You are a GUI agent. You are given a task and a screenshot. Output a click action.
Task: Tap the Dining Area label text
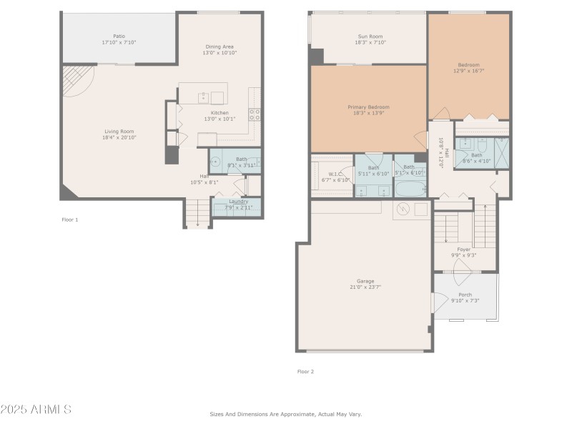pos(220,46)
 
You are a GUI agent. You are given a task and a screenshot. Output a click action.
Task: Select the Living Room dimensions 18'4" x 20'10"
pos(119,137)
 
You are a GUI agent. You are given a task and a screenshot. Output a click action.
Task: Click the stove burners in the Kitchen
pos(254,112)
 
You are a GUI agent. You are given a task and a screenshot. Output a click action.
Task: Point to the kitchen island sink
pos(203,97)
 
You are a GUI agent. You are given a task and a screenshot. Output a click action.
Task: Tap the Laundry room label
pos(237,202)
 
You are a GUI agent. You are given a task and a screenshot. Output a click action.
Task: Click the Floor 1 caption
pos(69,220)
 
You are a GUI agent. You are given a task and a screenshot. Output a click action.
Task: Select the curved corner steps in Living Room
pos(76,80)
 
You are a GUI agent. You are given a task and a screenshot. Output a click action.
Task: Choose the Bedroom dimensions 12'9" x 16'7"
pos(469,71)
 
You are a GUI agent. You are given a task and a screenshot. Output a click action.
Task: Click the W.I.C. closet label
pos(335,174)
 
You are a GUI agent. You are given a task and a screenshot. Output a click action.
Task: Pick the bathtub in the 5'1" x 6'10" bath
pos(410,189)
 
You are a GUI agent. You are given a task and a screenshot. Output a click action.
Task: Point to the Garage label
pos(365,281)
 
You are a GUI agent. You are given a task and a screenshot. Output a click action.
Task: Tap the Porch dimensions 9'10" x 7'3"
pos(465,300)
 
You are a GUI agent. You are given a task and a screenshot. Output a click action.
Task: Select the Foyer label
pos(464,249)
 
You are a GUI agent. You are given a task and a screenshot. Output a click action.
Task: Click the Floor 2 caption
pos(305,371)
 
